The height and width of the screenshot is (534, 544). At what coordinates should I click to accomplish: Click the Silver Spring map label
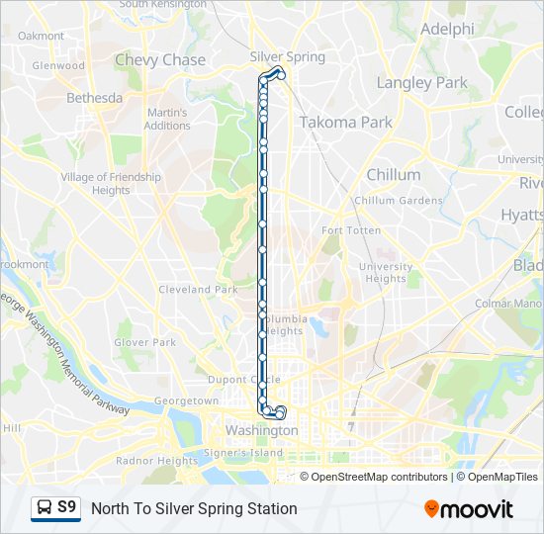pyautogui.click(x=287, y=56)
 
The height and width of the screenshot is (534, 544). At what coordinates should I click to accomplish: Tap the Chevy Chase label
pyautogui.click(x=160, y=59)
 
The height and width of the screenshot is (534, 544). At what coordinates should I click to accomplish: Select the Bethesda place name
pyautogui.click(x=94, y=98)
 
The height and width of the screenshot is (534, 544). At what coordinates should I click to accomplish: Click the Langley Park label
pyautogui.click(x=422, y=83)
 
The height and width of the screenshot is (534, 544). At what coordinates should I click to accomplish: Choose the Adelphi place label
pyautogui.click(x=447, y=29)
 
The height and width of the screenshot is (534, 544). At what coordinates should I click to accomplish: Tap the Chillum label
pyautogui.click(x=394, y=174)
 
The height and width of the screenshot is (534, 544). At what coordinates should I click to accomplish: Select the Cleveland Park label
pyautogui.click(x=198, y=290)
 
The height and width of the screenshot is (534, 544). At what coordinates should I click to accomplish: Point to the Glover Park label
pyautogui.click(x=144, y=342)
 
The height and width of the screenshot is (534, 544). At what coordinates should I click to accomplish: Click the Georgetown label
pyautogui.click(x=186, y=401)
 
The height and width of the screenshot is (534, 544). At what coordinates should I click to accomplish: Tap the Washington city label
pyautogui.click(x=261, y=430)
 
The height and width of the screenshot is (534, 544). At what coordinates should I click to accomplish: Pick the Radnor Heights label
pyautogui.click(x=156, y=461)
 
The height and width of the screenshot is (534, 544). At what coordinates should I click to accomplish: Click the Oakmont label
pyautogui.click(x=41, y=36)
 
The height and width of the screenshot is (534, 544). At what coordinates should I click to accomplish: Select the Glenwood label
pyautogui.click(x=58, y=66)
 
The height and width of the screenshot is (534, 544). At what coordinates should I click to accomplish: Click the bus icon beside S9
pyautogui.click(x=44, y=508)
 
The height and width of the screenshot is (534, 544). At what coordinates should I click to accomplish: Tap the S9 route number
pyautogui.click(x=66, y=507)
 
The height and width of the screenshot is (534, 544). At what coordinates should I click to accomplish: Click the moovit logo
pyautogui.click(x=469, y=509)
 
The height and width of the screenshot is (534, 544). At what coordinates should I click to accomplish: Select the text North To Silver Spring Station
pyautogui.click(x=194, y=508)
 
